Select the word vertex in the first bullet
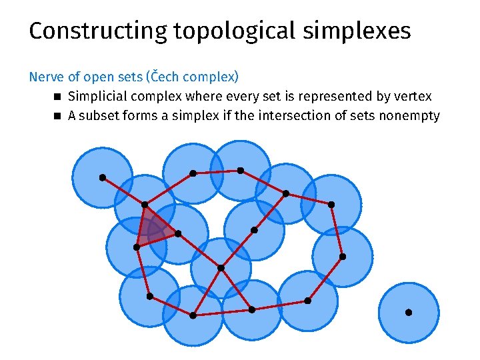(414, 97)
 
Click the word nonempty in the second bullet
(409, 116)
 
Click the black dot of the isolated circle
(409, 312)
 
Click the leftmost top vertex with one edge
(102, 177)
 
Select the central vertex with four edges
(221, 268)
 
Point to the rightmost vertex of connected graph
(343, 257)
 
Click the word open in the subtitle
(97, 77)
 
